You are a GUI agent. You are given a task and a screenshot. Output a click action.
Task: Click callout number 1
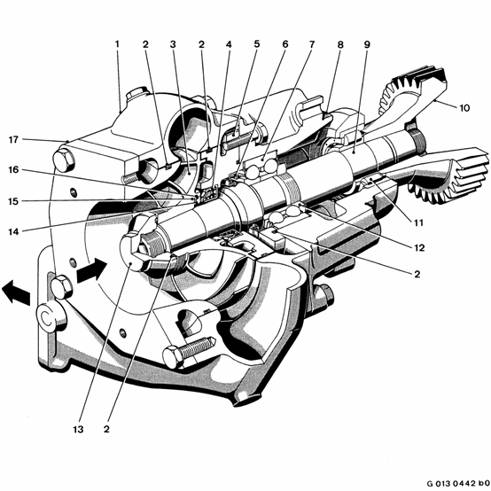117,43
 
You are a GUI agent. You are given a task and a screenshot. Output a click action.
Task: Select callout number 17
13,140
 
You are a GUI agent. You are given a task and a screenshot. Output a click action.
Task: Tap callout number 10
464,108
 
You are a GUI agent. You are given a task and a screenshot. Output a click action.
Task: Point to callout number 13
78,429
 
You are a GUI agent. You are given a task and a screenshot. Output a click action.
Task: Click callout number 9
367,44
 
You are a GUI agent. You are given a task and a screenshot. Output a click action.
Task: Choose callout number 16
13,169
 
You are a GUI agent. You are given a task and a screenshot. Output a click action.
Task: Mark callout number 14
13,231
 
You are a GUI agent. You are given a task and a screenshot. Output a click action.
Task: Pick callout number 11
418,223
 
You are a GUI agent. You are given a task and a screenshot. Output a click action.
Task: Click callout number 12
419,248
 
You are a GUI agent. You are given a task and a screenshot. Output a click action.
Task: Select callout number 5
257,43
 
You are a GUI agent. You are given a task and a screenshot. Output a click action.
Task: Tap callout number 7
312,44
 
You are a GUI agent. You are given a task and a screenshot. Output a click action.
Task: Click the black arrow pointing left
16,292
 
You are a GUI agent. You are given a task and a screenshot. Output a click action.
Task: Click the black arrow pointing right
92,271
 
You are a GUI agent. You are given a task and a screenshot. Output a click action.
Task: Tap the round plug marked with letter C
47,318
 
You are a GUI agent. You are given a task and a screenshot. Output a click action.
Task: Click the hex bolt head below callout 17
64,160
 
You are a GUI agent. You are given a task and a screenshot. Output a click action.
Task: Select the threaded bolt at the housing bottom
188,351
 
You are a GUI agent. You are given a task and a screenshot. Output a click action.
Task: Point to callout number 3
173,44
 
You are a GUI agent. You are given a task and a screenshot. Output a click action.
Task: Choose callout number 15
13,201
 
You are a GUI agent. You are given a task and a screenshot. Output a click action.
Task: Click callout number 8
340,44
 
